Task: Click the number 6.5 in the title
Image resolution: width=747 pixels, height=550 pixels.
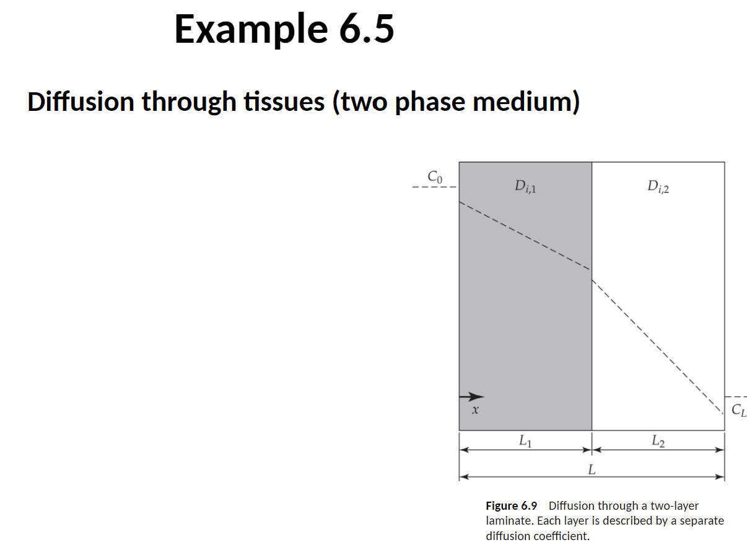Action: tap(360, 29)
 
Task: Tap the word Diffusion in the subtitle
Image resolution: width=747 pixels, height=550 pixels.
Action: tap(81, 102)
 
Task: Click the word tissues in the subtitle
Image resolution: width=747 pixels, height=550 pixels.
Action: tap(284, 102)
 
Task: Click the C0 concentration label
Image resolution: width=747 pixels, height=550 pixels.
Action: tap(435, 177)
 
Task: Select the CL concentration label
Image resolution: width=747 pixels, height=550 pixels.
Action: tap(738, 409)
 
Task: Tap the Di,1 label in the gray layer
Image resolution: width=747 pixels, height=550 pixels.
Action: tap(525, 185)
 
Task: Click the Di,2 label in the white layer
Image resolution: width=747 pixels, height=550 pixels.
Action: tap(658, 185)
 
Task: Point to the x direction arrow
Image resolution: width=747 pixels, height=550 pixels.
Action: tap(471, 396)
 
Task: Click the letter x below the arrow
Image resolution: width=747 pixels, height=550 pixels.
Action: tap(475, 410)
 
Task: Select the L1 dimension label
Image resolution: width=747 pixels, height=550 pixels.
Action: tap(525, 441)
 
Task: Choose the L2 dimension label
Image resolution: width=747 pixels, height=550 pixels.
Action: tap(658, 441)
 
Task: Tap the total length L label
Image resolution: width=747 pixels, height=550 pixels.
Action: tap(591, 469)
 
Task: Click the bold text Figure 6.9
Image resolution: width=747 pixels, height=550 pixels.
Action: tap(511, 505)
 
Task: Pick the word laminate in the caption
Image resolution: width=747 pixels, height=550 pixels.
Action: tap(507, 520)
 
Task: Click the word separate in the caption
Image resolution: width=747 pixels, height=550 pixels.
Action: tap(702, 520)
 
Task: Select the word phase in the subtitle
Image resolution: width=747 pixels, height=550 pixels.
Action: tap(431, 102)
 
